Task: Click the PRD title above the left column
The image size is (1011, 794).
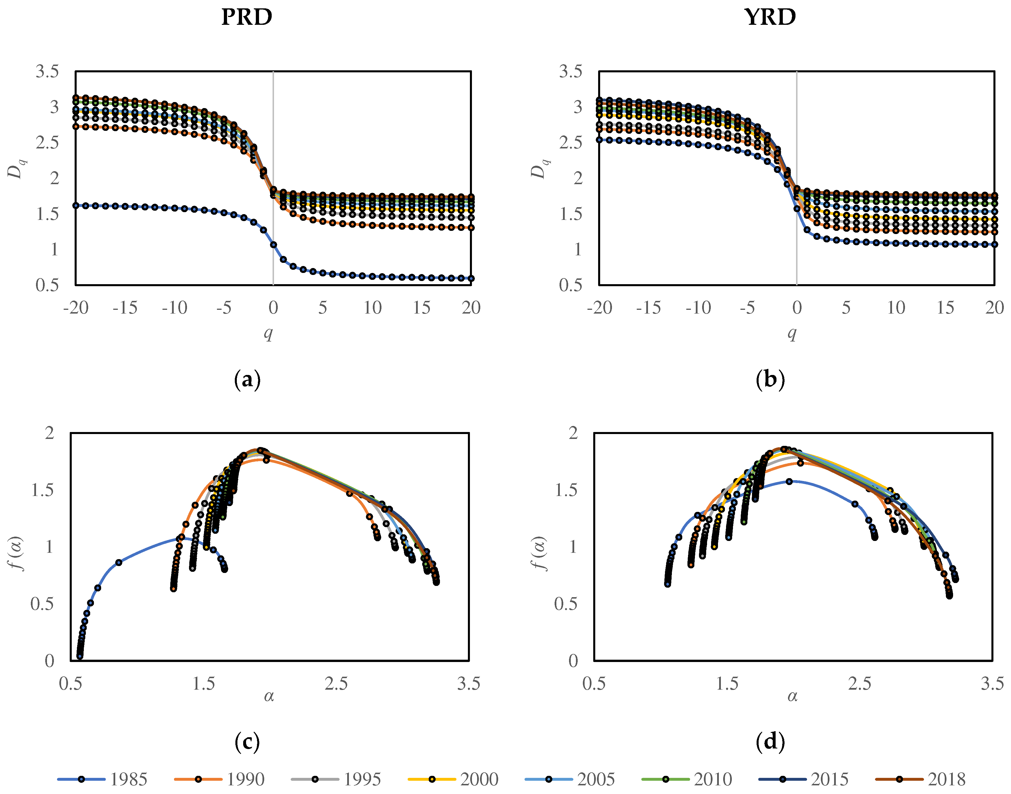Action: click(x=246, y=17)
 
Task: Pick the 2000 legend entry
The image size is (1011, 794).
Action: click(x=453, y=779)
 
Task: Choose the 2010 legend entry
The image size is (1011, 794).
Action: click(x=687, y=779)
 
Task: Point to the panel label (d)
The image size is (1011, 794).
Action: click(x=770, y=742)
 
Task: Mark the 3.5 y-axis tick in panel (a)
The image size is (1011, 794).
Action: click(x=47, y=71)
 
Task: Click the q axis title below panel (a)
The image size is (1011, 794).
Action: click(x=269, y=333)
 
